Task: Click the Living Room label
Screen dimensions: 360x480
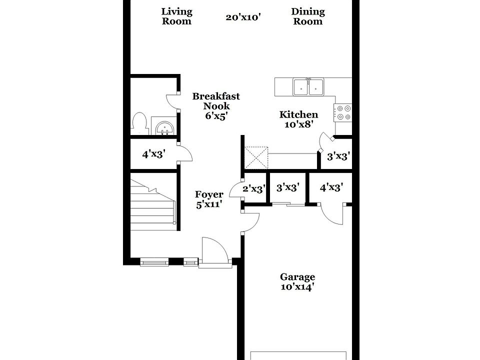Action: click(x=177, y=16)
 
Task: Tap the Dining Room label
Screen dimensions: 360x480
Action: click(x=308, y=16)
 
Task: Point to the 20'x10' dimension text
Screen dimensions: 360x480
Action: click(x=243, y=17)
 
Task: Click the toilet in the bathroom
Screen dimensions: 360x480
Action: click(x=138, y=123)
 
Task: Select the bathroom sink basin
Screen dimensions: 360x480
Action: click(x=164, y=127)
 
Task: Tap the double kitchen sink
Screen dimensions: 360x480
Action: click(x=308, y=87)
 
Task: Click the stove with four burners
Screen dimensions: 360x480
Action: click(x=343, y=112)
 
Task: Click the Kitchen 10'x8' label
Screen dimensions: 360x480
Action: click(x=298, y=119)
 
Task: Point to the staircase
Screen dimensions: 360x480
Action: click(x=153, y=202)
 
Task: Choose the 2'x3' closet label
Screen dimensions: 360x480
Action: click(x=254, y=188)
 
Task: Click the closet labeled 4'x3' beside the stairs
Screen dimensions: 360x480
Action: click(x=153, y=154)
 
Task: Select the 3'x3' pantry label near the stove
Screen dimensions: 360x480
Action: click(x=338, y=156)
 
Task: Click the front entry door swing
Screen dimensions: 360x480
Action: click(x=213, y=250)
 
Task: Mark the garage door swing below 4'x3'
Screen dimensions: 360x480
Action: click(x=331, y=214)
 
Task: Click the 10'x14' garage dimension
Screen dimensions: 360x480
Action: click(x=297, y=287)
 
